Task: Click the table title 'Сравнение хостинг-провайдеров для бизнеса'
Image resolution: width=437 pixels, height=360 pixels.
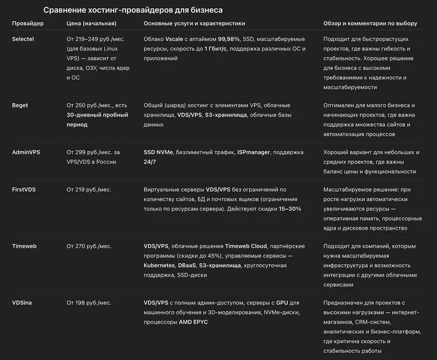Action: [132, 10]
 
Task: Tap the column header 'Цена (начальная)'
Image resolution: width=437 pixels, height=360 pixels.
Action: [91, 24]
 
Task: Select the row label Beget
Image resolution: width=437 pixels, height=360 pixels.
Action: [21, 105]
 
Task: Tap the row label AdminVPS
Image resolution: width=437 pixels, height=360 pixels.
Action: [27, 152]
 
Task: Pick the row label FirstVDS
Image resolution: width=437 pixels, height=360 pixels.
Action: [26, 189]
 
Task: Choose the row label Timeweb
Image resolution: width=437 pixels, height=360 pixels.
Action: [24, 246]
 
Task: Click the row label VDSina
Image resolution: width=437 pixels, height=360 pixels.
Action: [22, 303]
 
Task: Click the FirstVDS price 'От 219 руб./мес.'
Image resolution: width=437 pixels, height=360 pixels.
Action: [89, 189]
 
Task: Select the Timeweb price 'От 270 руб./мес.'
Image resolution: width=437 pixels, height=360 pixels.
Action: [89, 246]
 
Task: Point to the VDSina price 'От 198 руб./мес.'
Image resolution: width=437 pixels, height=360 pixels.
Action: [89, 303]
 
